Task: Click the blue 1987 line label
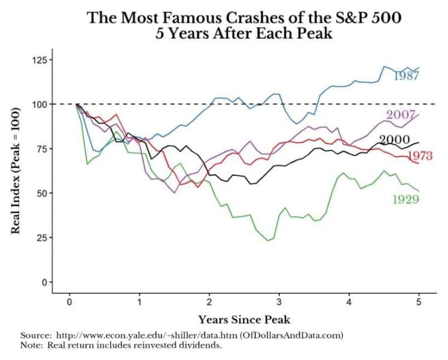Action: (x=406, y=76)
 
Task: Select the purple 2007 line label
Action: (x=401, y=115)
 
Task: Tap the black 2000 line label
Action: (x=394, y=140)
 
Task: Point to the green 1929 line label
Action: (x=406, y=199)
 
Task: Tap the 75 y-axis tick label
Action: (x=40, y=148)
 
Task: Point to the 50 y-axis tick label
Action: (x=40, y=193)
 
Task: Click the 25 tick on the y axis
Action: (x=40, y=237)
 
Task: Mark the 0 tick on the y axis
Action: (x=42, y=282)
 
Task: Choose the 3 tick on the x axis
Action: (x=279, y=303)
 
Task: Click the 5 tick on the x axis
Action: (x=419, y=303)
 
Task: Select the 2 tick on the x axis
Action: (x=209, y=303)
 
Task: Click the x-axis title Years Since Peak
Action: (x=244, y=319)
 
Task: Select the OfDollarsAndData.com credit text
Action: (x=291, y=335)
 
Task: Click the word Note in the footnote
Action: (x=31, y=345)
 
